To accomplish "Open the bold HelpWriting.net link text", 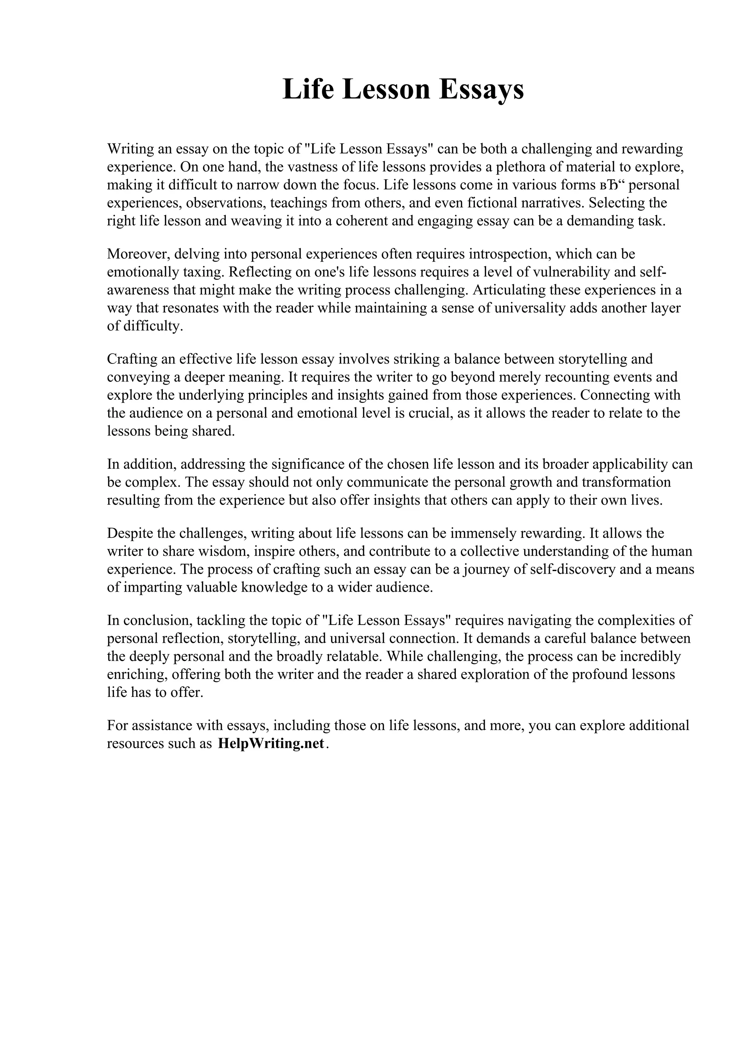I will pos(271,744).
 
